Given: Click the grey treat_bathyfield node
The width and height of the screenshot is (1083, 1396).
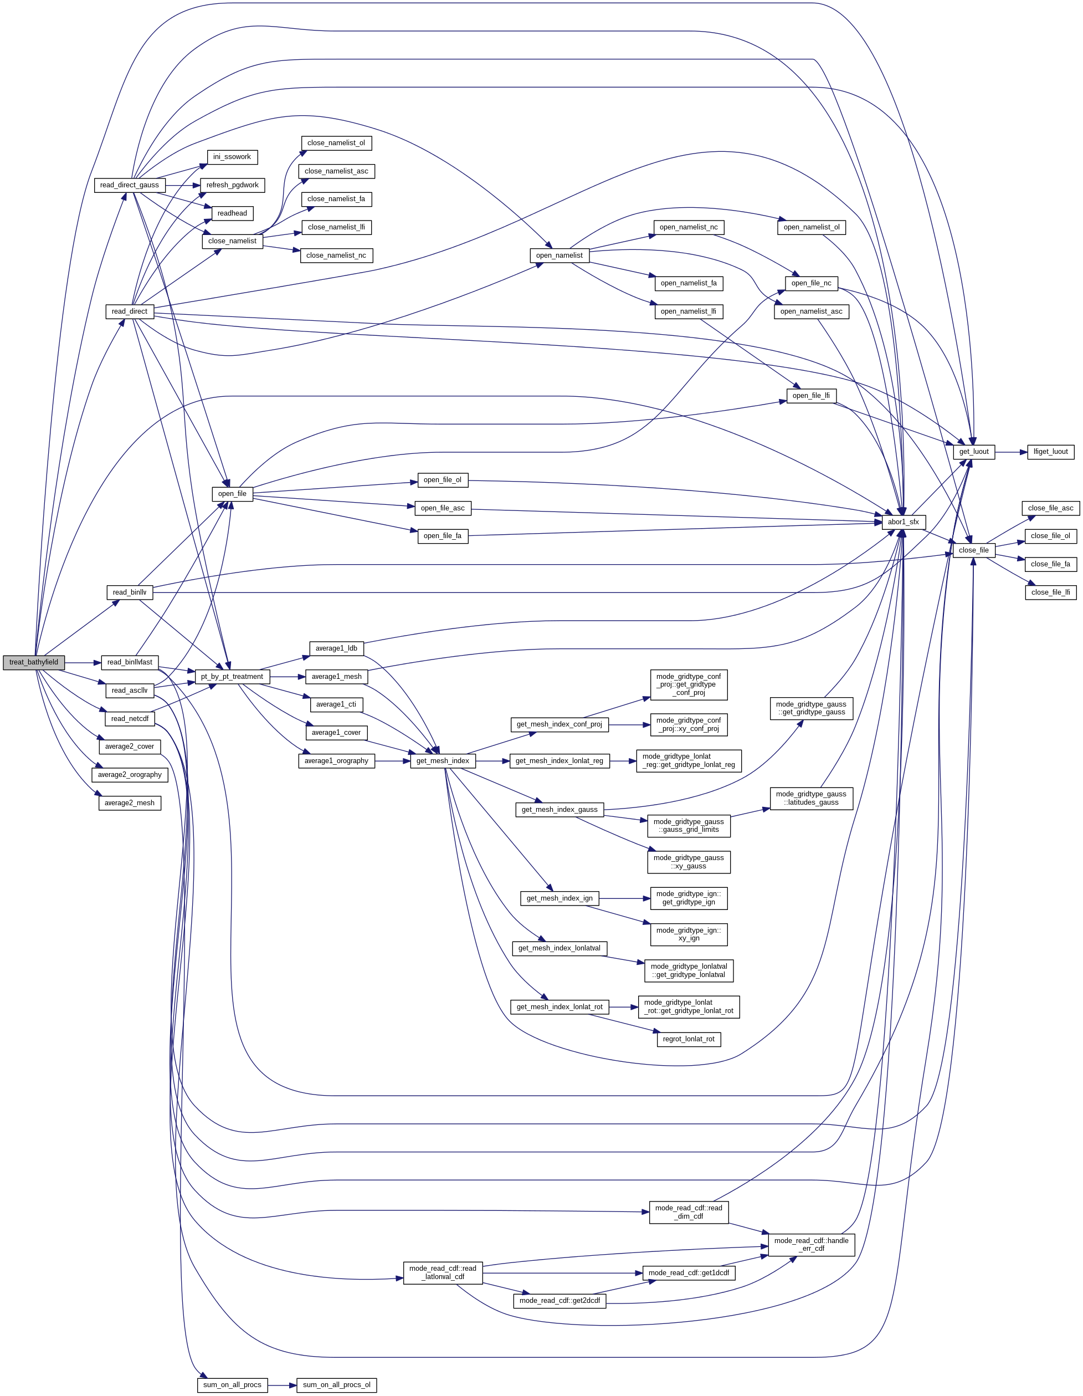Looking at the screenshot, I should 33,662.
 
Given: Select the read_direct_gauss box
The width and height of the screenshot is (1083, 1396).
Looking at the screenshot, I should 130,185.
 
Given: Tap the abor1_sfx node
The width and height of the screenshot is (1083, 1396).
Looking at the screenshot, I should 903,522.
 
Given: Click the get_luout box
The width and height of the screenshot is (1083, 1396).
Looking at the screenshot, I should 973,452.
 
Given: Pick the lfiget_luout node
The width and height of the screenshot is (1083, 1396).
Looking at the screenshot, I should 1050,452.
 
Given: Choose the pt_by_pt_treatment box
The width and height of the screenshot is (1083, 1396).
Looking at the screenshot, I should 232,676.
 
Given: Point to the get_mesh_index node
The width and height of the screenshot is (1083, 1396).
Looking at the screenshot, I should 442,761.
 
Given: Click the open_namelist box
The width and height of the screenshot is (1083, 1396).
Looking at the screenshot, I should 559,255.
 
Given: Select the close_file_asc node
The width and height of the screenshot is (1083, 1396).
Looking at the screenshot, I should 1050,508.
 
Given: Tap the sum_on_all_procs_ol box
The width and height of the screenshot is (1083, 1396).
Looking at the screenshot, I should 337,1385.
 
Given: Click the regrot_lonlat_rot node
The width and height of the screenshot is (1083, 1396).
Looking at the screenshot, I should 689,1039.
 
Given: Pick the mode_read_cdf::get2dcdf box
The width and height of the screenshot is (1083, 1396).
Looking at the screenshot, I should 560,1301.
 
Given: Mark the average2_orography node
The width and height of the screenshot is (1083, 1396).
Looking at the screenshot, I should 130,775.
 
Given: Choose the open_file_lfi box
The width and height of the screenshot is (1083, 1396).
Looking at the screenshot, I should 811,396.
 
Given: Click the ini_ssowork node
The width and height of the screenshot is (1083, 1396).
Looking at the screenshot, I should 232,157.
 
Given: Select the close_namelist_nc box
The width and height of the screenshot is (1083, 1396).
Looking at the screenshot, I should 336,255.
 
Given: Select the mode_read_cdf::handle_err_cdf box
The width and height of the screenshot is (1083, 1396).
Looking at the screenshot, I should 812,1245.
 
